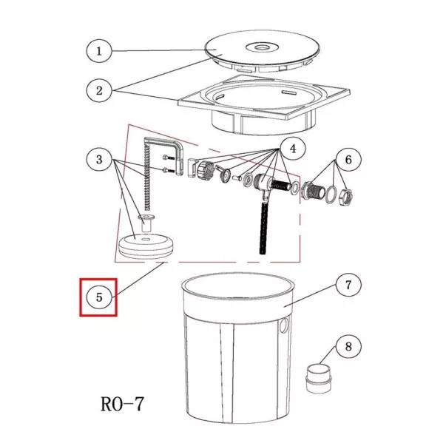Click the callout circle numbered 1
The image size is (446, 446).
click(x=99, y=51)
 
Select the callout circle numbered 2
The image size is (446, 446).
click(x=99, y=90)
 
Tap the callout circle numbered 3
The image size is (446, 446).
click(x=99, y=159)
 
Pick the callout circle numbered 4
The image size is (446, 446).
click(x=293, y=148)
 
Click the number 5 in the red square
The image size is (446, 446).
click(x=99, y=297)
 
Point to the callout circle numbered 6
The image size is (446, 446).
click(x=348, y=159)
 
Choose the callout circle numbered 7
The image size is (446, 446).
click(x=348, y=285)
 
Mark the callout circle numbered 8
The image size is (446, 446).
click(x=348, y=346)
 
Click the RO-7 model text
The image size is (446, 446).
click(x=123, y=404)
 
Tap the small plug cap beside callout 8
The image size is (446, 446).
click(x=319, y=378)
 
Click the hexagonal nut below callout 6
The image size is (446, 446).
click(x=345, y=195)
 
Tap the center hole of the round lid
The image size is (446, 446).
click(x=260, y=47)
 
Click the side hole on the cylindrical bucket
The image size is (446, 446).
click(x=284, y=325)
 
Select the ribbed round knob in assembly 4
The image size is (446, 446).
click(x=205, y=169)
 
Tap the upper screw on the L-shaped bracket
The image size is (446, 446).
click(x=169, y=157)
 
